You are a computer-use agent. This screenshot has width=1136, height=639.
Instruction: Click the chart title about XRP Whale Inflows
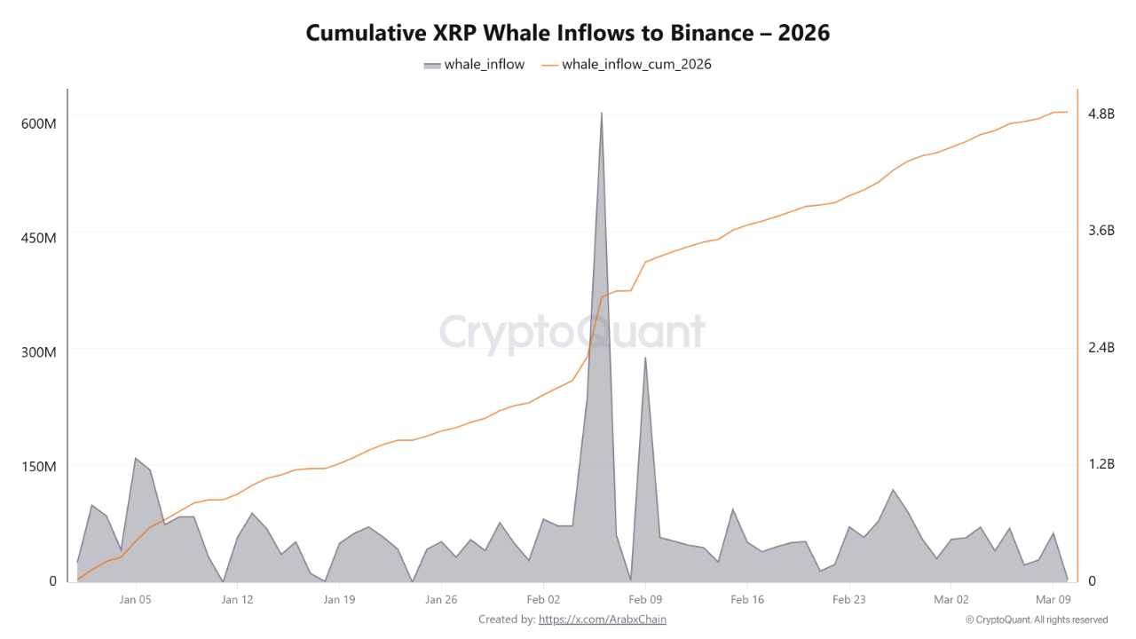pyautogui.click(x=568, y=33)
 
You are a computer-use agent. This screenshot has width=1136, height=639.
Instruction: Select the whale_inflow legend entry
pyautogui.click(x=474, y=64)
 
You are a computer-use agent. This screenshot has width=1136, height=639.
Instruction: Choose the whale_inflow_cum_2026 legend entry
pyautogui.click(x=626, y=64)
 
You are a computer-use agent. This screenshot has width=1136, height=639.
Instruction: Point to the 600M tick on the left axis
pyautogui.click(x=38, y=123)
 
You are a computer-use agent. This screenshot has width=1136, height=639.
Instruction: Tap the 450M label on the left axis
pyautogui.click(x=38, y=238)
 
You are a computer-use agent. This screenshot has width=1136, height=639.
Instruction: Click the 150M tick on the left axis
pyautogui.click(x=38, y=467)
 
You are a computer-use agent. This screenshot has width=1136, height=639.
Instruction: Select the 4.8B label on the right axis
pyautogui.click(x=1100, y=114)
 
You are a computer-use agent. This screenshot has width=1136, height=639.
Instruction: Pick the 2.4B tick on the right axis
pyautogui.click(x=1100, y=347)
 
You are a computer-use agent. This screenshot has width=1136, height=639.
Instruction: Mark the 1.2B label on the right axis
pyautogui.click(x=1100, y=464)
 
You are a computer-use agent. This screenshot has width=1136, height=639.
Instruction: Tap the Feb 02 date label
pyautogui.click(x=543, y=599)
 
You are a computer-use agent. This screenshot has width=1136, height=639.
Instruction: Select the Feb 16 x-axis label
pyautogui.click(x=747, y=599)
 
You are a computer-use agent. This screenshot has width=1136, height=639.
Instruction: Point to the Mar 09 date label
pyautogui.click(x=1053, y=599)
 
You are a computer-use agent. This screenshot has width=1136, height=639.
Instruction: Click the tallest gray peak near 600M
pyautogui.click(x=601, y=114)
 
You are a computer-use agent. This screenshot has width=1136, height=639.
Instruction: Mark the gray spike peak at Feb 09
pyautogui.click(x=645, y=358)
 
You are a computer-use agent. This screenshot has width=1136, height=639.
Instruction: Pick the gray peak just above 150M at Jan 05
pyautogui.click(x=136, y=459)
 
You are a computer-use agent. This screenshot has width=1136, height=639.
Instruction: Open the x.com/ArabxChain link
pyautogui.click(x=602, y=619)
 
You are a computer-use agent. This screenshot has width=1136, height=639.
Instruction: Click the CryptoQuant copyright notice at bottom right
pyautogui.click(x=1036, y=619)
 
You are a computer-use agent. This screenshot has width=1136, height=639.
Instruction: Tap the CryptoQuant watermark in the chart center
pyautogui.click(x=572, y=333)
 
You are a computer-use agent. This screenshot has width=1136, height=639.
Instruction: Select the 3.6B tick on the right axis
pyautogui.click(x=1100, y=231)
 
